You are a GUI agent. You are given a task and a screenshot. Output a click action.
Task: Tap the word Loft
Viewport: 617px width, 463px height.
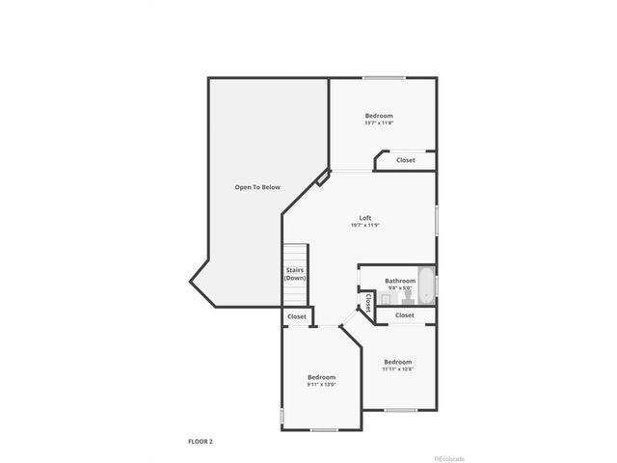coord(365,218)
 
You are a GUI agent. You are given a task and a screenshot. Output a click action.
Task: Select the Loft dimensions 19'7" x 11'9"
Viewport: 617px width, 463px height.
coord(365,226)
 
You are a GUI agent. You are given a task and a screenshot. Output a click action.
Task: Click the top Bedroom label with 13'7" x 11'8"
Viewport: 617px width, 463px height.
coord(379,116)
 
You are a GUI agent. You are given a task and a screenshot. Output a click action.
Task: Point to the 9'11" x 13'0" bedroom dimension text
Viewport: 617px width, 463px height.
coord(321,385)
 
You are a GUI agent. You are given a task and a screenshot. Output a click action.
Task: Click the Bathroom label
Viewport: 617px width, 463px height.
coord(399,281)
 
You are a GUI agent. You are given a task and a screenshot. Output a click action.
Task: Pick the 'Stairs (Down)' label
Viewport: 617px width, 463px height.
coord(295,274)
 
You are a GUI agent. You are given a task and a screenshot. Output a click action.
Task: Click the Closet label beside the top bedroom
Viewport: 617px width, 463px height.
coord(406,160)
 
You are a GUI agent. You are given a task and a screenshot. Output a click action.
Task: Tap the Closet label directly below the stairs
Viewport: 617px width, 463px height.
coord(296,316)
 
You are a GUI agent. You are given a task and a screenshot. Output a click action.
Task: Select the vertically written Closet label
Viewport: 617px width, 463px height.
coord(368,303)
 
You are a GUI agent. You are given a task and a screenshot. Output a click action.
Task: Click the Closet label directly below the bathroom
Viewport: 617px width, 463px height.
coord(405,315)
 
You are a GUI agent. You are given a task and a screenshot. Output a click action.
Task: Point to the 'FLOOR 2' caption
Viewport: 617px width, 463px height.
coord(201,441)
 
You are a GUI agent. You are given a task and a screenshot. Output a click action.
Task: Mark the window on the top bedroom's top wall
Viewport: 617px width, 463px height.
coord(383,78)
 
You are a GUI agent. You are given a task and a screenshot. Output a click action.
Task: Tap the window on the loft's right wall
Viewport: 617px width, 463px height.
coord(436,217)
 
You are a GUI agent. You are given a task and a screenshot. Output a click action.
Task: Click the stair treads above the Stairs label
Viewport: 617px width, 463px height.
coord(294,253)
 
